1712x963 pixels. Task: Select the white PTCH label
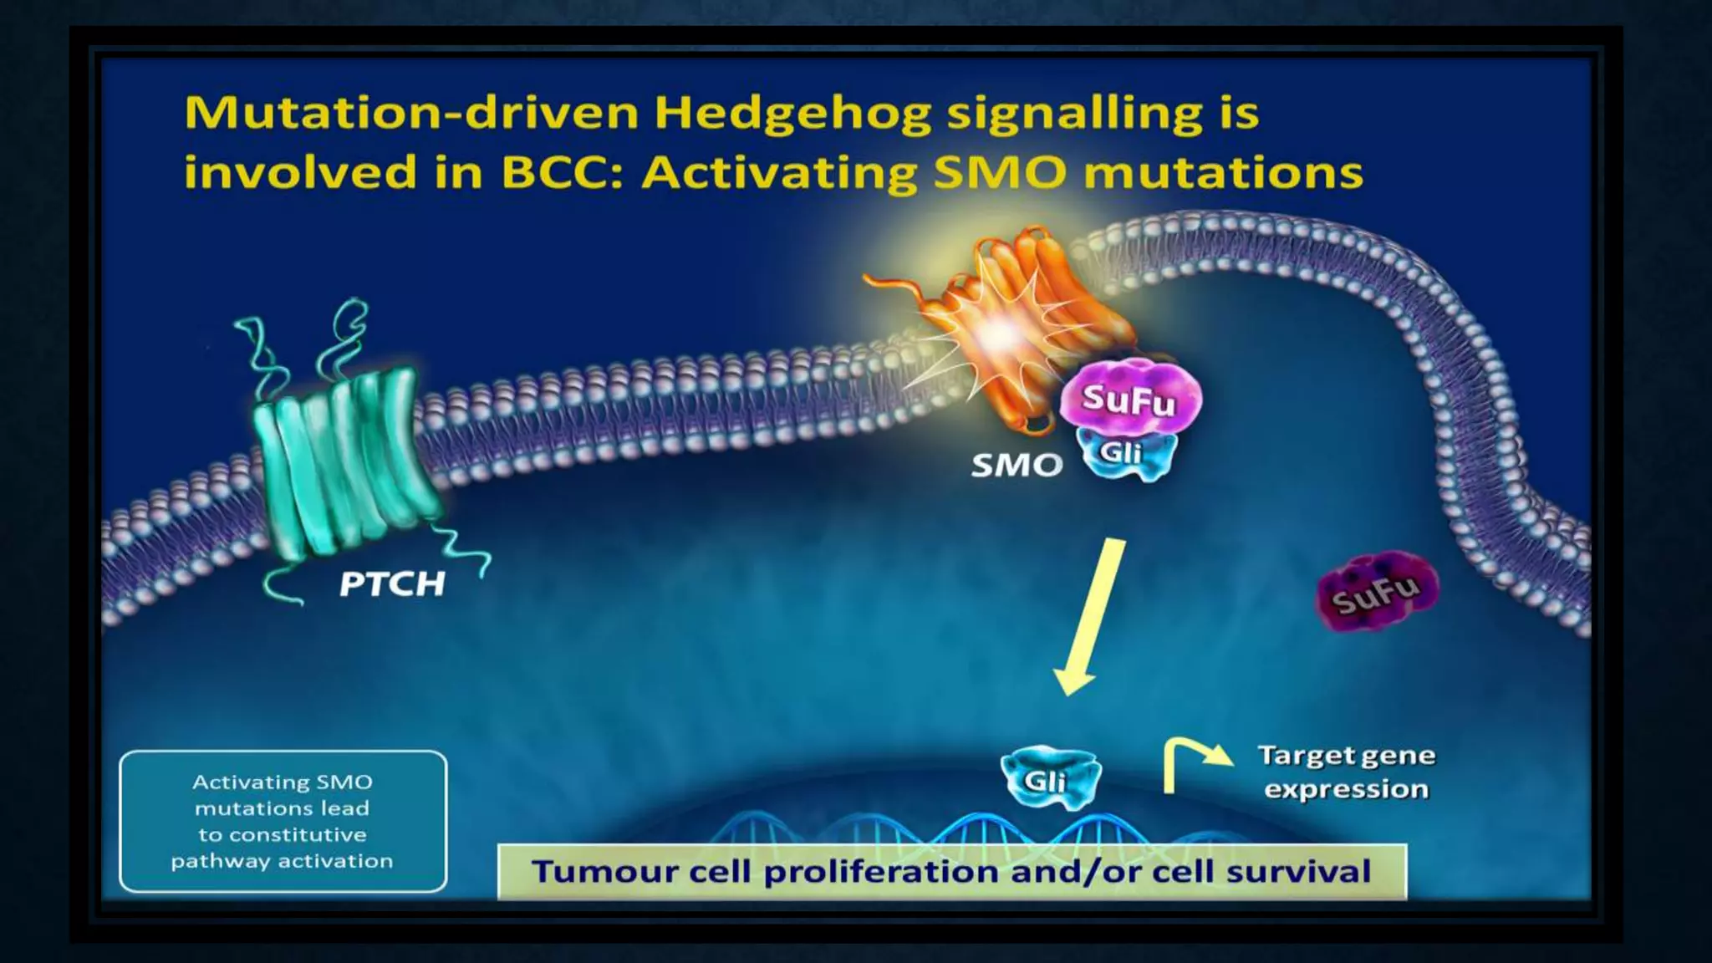coord(392,583)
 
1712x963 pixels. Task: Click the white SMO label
coord(1016,466)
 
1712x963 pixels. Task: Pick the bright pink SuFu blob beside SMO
coord(1129,399)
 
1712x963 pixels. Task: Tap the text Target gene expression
coord(1346,772)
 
